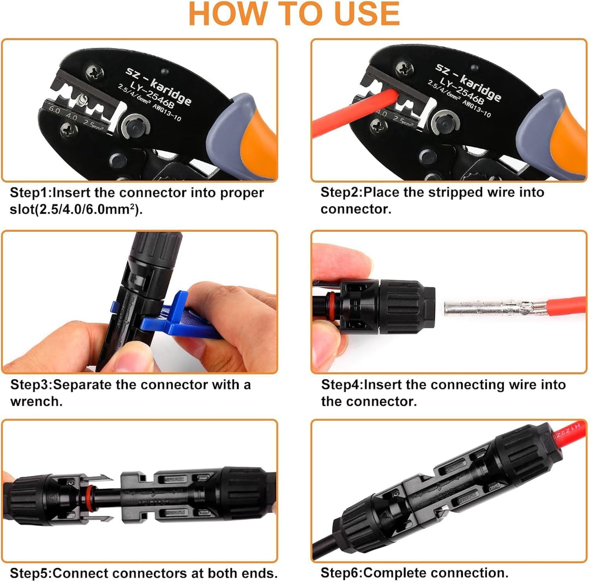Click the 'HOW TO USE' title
(x=294, y=15)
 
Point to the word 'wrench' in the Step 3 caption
(x=34, y=401)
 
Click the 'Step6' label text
(x=341, y=573)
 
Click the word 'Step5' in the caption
(x=30, y=573)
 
